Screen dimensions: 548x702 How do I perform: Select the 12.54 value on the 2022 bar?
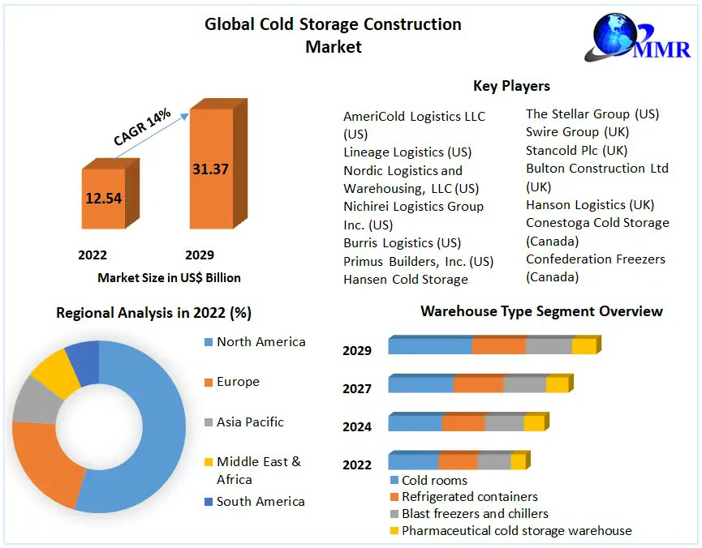103,198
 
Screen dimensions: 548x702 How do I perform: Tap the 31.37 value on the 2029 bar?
210,169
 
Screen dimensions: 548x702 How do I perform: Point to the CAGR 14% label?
142,127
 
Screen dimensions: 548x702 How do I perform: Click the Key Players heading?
511,86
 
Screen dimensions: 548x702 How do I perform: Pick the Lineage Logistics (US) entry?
407,152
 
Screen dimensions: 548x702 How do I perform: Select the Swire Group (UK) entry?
577,131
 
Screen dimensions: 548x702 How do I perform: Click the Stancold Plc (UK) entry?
576,150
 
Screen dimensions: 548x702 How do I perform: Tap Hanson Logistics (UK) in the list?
590,204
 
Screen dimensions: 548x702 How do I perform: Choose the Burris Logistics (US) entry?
402,242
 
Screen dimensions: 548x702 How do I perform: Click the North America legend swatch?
207,342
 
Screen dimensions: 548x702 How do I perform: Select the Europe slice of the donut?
45,462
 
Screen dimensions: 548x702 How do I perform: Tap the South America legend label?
261,501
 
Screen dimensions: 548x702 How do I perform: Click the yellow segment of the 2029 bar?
584,346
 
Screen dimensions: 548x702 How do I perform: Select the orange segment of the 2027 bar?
478,384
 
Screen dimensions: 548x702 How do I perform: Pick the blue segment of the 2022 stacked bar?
413,461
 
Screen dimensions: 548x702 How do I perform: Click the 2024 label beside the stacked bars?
357,426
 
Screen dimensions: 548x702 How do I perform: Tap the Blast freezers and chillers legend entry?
475,513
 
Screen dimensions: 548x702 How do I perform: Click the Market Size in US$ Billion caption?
169,277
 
